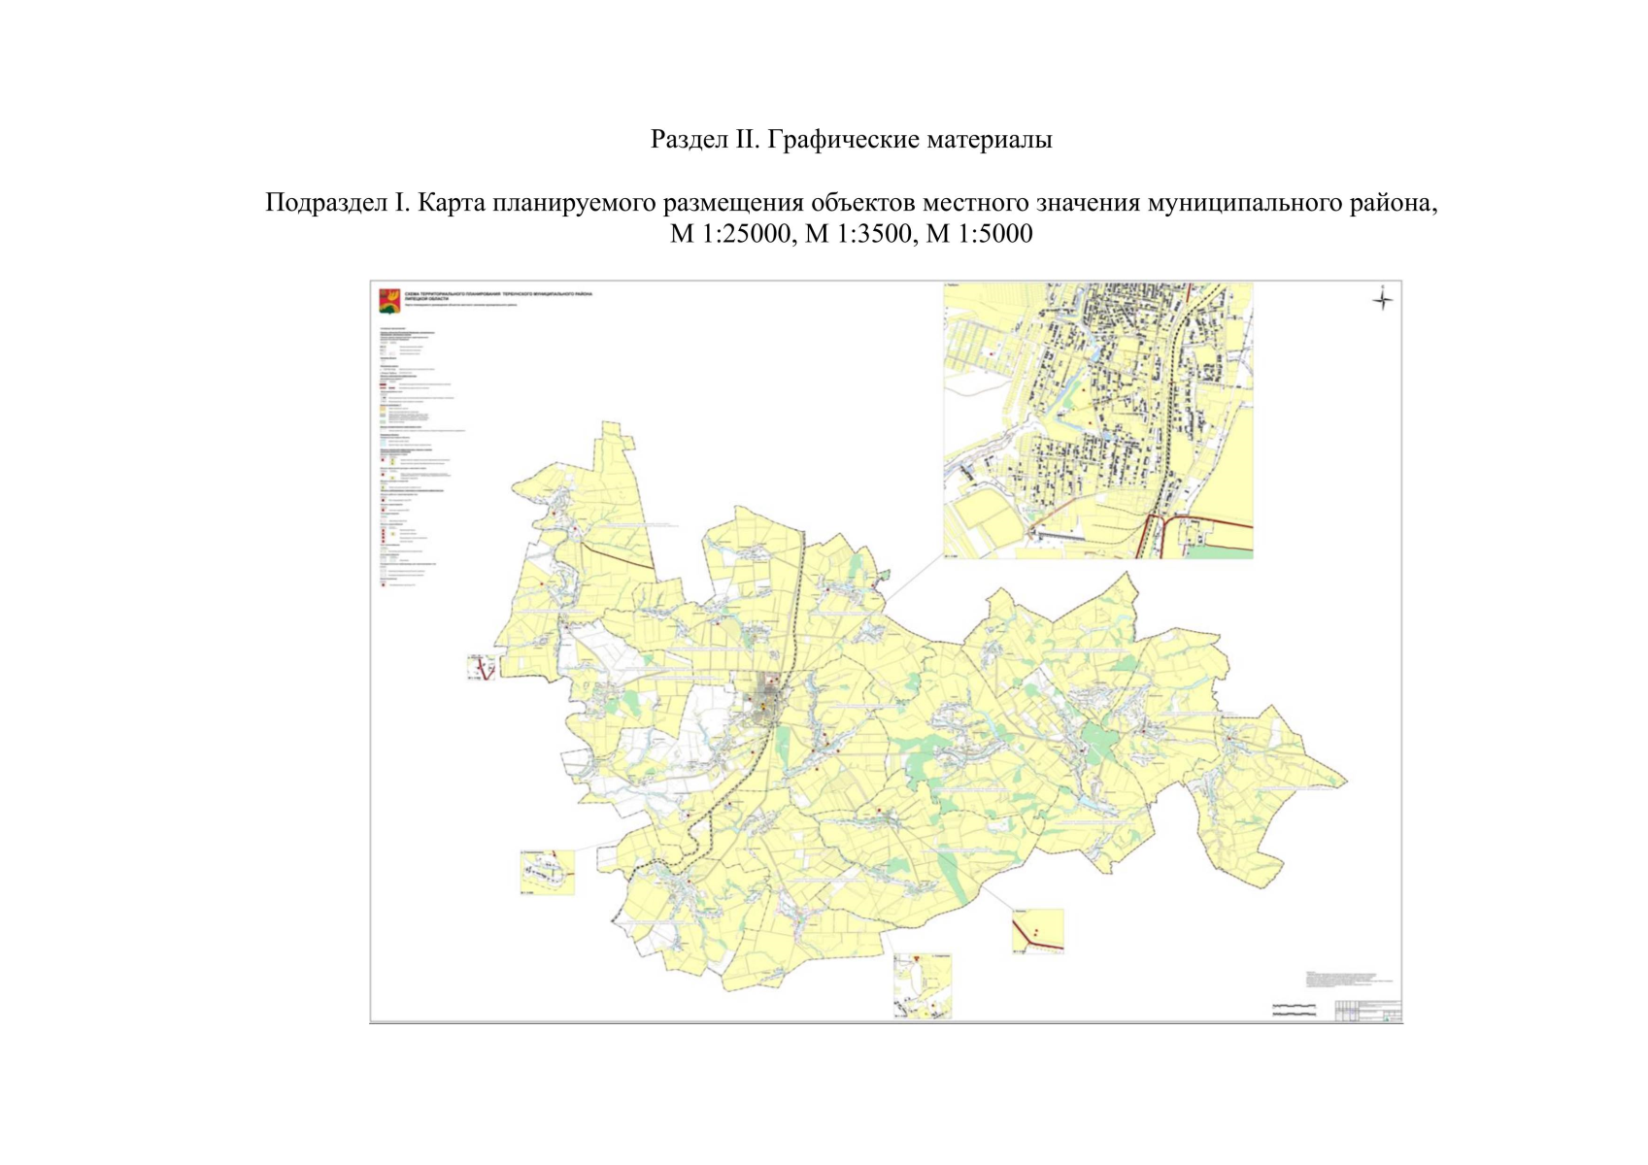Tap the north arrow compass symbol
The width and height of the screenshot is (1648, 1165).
pos(1382,299)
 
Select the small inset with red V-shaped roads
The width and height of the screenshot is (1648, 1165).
pos(482,666)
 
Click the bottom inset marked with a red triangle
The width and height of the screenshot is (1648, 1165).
pos(922,985)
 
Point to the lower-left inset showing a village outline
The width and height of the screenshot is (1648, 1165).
pos(548,872)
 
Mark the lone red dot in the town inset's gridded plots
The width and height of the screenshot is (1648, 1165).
pos(992,355)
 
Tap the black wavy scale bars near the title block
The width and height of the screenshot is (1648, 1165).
pos(1293,1010)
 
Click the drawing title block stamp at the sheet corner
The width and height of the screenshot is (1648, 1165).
pos(1367,1011)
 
